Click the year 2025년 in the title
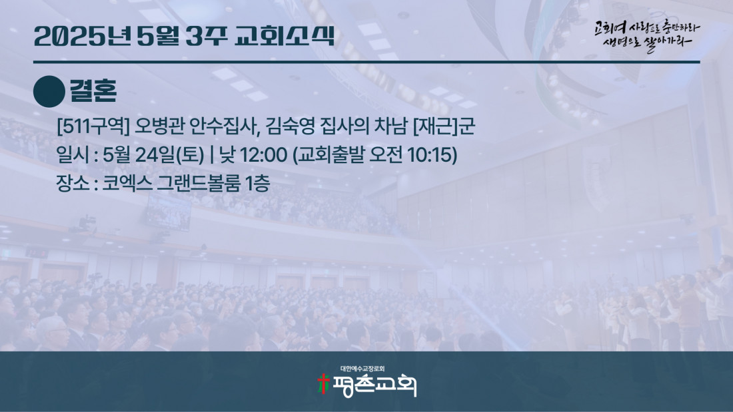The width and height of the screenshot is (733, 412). click(x=83, y=36)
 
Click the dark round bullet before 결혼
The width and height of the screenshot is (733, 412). click(x=49, y=92)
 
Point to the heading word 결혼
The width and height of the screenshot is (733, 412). click(x=93, y=91)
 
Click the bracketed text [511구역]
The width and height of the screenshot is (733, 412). click(x=93, y=126)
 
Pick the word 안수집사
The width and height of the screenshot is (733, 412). click(x=225, y=126)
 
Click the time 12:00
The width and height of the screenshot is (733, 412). click(x=263, y=155)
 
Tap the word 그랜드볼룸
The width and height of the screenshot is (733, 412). click(x=198, y=182)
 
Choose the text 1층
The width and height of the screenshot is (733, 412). click(x=258, y=182)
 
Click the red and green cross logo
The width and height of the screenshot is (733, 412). click(x=323, y=384)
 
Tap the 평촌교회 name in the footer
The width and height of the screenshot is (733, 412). click(x=374, y=385)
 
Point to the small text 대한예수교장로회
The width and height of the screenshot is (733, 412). click(x=363, y=369)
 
